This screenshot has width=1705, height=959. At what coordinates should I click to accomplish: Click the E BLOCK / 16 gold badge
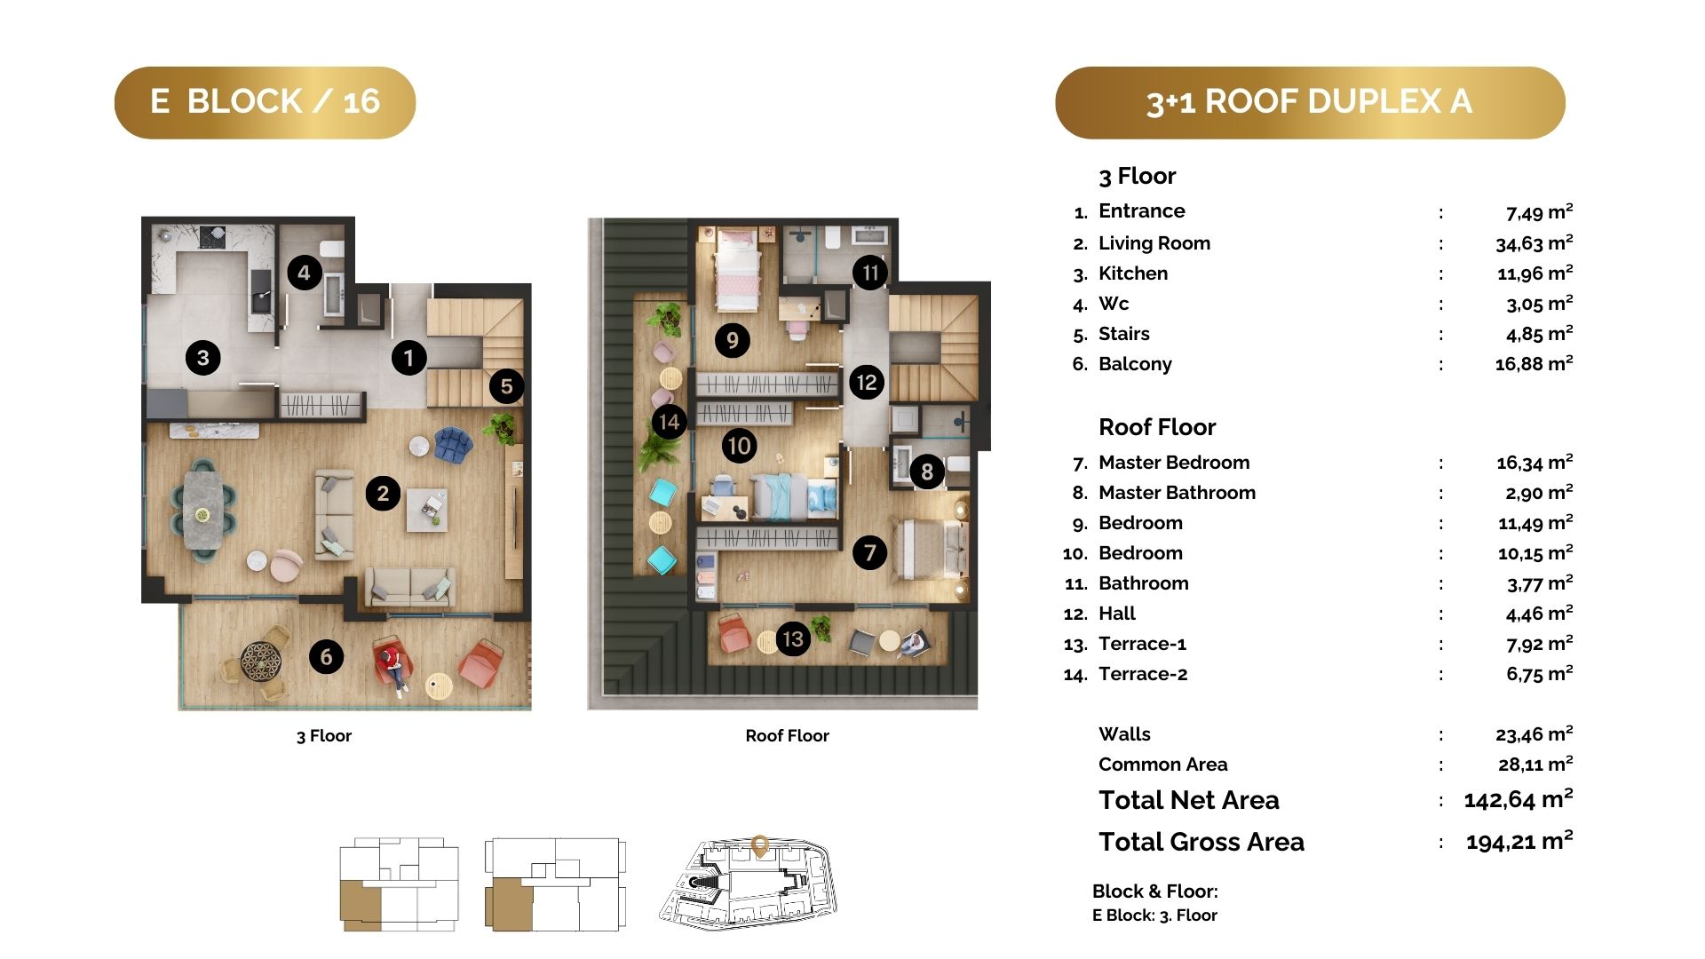tap(265, 102)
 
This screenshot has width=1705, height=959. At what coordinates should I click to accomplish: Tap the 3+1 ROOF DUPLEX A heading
tap(1310, 102)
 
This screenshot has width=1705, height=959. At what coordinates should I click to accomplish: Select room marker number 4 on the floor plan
tap(305, 273)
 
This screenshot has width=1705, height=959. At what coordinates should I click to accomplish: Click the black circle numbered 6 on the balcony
tap(326, 657)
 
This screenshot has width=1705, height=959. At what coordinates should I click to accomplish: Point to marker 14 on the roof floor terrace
tap(670, 422)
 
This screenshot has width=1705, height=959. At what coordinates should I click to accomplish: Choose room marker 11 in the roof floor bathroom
tap(870, 273)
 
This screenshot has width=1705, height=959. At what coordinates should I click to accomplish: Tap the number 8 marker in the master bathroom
tap(927, 472)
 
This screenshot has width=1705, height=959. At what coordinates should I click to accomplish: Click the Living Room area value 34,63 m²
tap(1534, 242)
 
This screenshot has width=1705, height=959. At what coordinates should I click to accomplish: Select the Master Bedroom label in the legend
tap(1174, 463)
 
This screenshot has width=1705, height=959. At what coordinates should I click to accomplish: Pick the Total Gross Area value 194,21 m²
tap(1519, 841)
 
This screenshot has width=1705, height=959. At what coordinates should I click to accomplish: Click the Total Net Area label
tap(1189, 800)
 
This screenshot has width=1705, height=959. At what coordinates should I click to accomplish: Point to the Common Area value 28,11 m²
tap(1535, 765)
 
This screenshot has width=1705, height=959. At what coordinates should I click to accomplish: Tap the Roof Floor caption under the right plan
tap(787, 735)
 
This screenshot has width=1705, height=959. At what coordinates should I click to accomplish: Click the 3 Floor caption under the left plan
tap(324, 735)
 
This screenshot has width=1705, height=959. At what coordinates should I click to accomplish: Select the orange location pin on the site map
tap(759, 845)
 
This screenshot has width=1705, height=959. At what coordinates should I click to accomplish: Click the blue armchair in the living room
tap(454, 444)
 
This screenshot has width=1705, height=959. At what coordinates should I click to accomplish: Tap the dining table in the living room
tap(203, 514)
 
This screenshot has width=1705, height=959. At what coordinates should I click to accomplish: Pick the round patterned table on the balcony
tap(261, 662)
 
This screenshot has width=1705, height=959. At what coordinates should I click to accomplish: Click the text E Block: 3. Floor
tap(1154, 915)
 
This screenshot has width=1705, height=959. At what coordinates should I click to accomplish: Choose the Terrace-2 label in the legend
tap(1143, 674)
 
